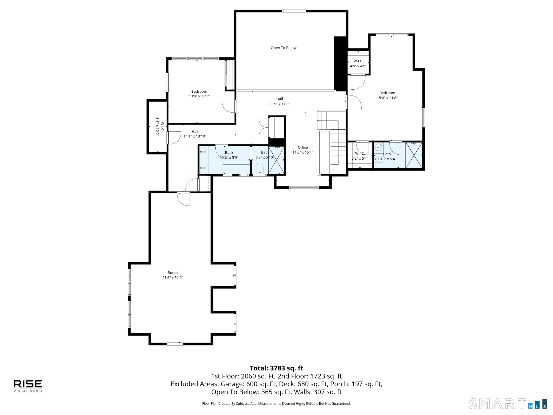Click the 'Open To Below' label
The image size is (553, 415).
point(283,48)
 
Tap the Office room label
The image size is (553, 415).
point(303,147)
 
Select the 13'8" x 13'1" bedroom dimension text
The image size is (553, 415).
point(199,96)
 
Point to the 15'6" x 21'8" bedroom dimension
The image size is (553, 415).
point(387,98)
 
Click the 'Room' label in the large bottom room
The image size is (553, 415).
point(173,273)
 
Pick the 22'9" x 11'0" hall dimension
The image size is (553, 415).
point(280,104)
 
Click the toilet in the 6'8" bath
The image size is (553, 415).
point(260,168)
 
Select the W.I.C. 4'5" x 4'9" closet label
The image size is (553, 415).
point(358,64)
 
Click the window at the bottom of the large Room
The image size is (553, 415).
point(175,344)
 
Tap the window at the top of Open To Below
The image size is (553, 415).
point(294,11)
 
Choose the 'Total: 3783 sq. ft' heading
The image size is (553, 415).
point(276,368)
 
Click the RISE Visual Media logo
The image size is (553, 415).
point(28,386)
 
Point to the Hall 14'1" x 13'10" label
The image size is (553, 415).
point(195,134)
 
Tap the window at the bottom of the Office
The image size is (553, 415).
point(304,187)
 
